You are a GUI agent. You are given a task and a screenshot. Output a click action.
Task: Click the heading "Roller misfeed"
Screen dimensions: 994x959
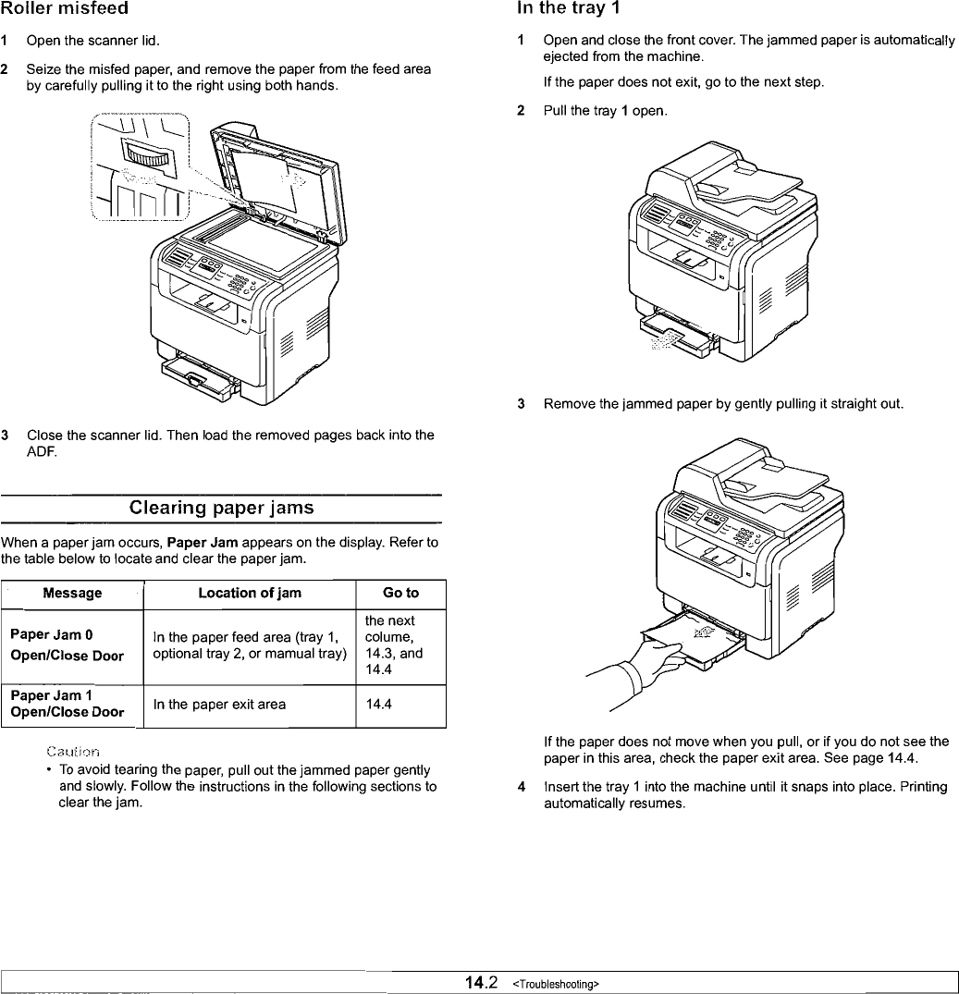pyautogui.click(x=64, y=8)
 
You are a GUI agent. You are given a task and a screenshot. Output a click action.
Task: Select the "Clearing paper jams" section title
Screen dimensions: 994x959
pyautogui.click(x=221, y=508)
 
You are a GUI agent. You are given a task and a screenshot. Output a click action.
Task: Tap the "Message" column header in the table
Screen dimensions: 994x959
pyautogui.click(x=73, y=593)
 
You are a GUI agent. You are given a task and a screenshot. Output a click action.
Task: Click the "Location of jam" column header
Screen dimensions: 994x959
pyautogui.click(x=250, y=593)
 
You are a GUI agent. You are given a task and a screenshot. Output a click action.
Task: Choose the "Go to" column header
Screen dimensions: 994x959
pyautogui.click(x=400, y=593)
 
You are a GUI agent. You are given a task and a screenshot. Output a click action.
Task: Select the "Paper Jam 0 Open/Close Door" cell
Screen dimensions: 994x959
pyautogui.click(x=67, y=645)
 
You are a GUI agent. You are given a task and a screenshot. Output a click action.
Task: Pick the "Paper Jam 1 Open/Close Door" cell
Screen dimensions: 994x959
pyautogui.click(x=67, y=704)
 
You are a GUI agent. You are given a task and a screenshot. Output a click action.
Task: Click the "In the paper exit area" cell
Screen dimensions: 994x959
pyautogui.click(x=219, y=705)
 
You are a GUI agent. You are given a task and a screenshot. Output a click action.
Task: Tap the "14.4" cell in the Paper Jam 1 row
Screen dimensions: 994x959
pyautogui.click(x=377, y=705)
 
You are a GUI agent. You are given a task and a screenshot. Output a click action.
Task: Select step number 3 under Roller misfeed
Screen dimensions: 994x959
pyautogui.click(x=6, y=436)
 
